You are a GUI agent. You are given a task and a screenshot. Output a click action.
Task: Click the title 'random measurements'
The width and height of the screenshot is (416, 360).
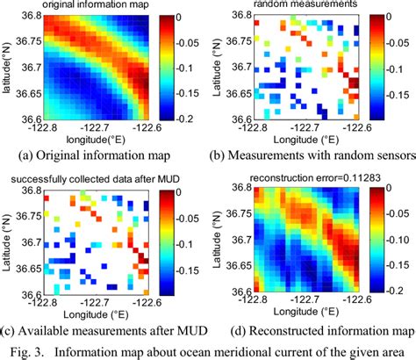point(302,6)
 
